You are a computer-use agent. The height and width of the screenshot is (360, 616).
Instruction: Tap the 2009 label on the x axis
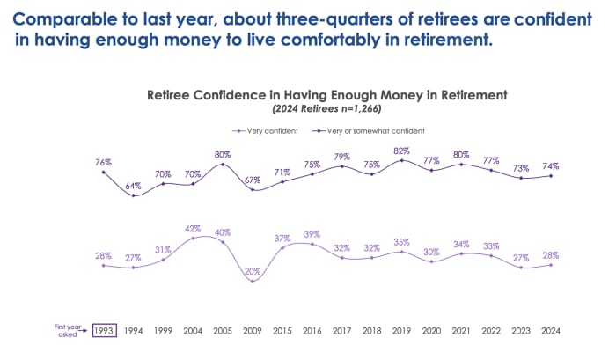tap(253, 331)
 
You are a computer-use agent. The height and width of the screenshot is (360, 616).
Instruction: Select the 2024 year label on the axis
tap(552, 331)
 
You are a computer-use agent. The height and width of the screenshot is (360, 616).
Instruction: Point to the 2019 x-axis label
tap(402, 331)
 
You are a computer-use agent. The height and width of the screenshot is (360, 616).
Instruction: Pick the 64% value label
tap(133, 186)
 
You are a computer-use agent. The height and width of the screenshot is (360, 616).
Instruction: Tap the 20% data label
tap(253, 271)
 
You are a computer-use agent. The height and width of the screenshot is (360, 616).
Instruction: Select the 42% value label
tap(193, 228)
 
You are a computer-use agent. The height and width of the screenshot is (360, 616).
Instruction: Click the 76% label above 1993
tap(103, 162)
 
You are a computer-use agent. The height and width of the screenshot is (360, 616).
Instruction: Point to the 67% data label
tap(253, 180)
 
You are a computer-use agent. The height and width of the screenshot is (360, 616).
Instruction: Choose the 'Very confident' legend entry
tap(266, 130)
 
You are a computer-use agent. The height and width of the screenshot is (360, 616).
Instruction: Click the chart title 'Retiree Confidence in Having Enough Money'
tap(326, 93)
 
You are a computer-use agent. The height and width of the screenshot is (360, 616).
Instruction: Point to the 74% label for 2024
tap(552, 165)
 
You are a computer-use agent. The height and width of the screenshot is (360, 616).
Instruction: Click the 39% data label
tap(312, 234)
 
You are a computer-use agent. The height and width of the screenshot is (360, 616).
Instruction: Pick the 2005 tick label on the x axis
tap(223, 331)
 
